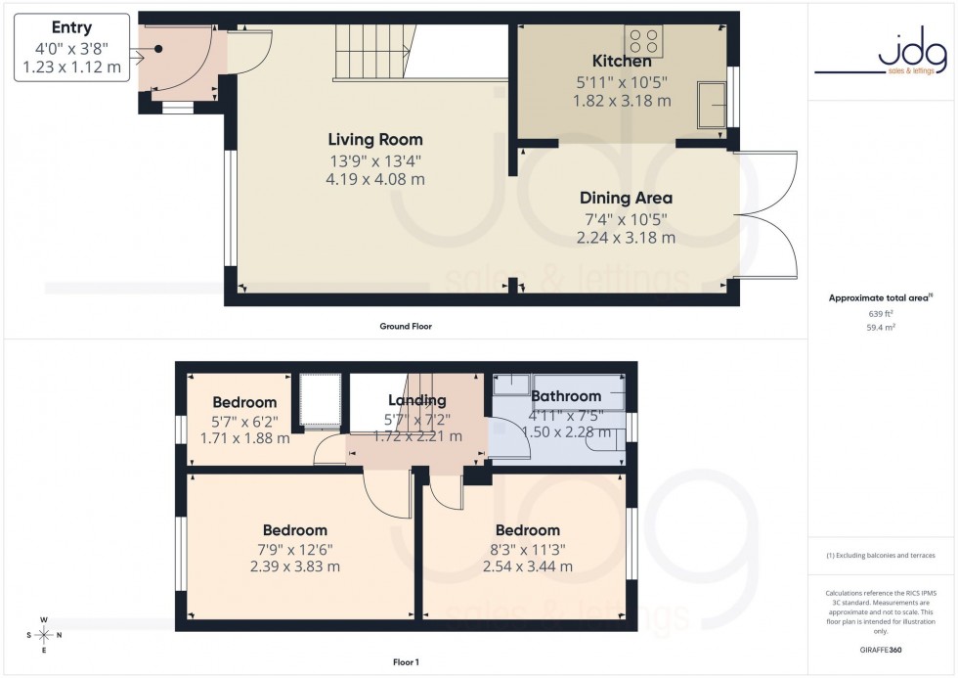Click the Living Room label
point(375,140)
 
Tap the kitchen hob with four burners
point(644,41)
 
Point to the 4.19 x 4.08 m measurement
point(375,179)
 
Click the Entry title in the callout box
point(71,27)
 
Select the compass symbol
point(45,634)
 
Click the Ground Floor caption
point(406,326)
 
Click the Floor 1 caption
point(405,662)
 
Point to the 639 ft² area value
point(882,313)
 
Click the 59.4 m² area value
point(882,330)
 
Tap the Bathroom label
point(565,396)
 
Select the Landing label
point(416,400)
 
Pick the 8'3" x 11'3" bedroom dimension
point(527,549)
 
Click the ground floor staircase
point(371,54)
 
